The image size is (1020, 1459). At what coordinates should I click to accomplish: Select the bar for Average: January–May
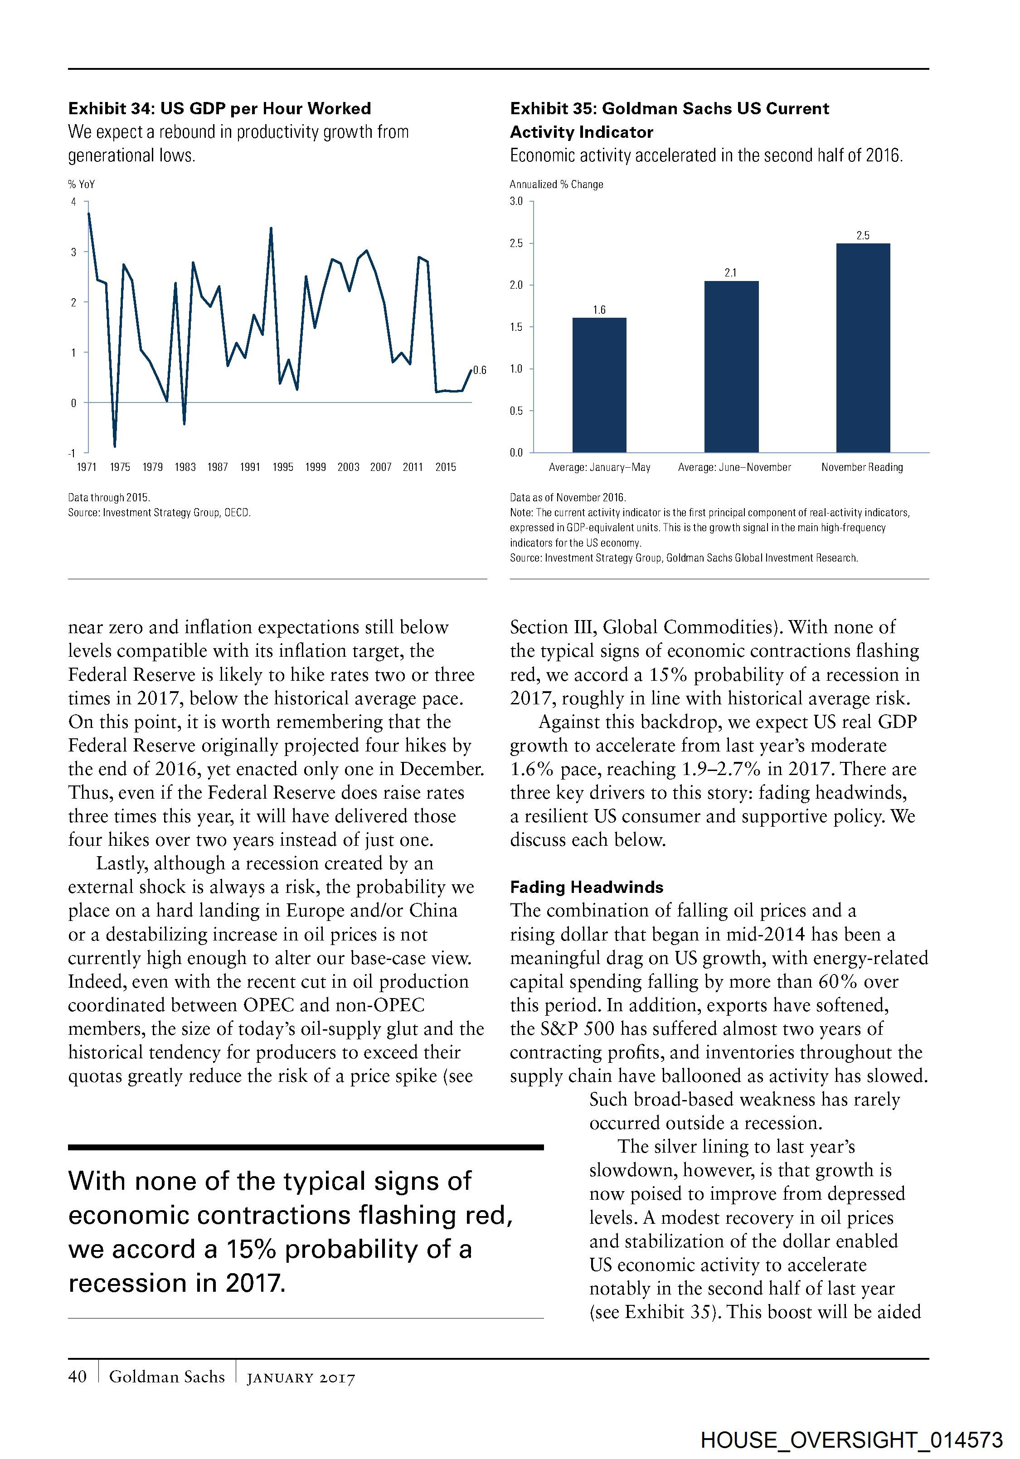(x=599, y=385)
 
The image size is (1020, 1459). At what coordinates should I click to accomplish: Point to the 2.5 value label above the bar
(x=862, y=236)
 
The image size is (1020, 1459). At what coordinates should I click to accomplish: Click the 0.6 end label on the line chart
(x=480, y=370)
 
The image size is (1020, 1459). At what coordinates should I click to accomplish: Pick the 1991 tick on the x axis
(x=250, y=467)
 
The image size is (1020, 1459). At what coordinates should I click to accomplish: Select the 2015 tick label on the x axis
(x=446, y=467)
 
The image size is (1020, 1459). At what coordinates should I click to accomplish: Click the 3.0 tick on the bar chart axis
(x=516, y=201)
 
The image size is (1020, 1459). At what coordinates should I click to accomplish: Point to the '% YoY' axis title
(x=81, y=184)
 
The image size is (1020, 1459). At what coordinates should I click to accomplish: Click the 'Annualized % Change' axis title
(x=556, y=184)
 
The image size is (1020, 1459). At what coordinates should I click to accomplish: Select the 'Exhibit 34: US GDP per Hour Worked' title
(x=219, y=109)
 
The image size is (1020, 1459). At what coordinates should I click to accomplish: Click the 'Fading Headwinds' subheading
(x=587, y=887)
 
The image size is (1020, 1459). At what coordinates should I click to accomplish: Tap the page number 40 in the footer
(x=78, y=1377)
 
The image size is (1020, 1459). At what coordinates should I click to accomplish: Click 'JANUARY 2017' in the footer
(x=301, y=1378)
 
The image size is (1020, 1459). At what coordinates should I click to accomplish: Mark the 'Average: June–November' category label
(x=734, y=467)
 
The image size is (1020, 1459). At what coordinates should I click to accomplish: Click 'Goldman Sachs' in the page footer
(x=167, y=1377)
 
